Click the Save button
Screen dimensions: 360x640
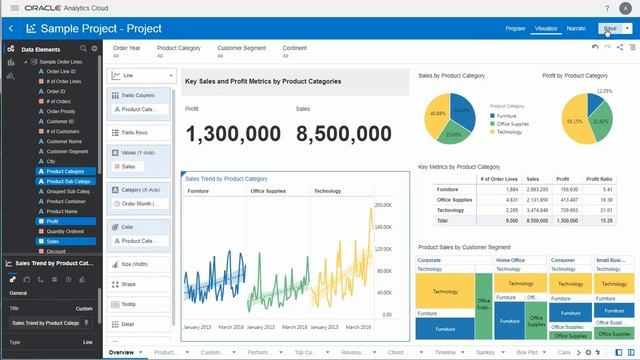609,29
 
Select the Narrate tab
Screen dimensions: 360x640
576,29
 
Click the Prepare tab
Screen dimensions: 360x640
515,29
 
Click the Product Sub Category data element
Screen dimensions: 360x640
70,181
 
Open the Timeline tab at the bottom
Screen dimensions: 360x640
445,353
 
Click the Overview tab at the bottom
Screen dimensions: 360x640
121,353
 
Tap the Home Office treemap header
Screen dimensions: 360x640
510,260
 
